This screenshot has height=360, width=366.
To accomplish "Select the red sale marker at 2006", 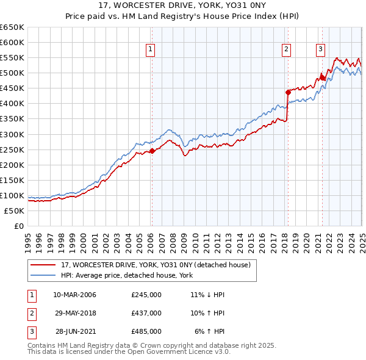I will point(152,151).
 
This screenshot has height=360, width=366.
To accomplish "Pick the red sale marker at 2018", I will point(288,92).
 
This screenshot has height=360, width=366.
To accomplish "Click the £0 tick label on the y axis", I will point(18,226).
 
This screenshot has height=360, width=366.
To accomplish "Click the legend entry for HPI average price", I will point(126,276).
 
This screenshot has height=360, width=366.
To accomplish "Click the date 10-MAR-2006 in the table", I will point(74,295).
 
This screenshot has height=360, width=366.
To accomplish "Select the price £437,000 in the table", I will point(146,313).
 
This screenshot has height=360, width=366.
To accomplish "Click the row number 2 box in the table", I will point(31,313).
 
